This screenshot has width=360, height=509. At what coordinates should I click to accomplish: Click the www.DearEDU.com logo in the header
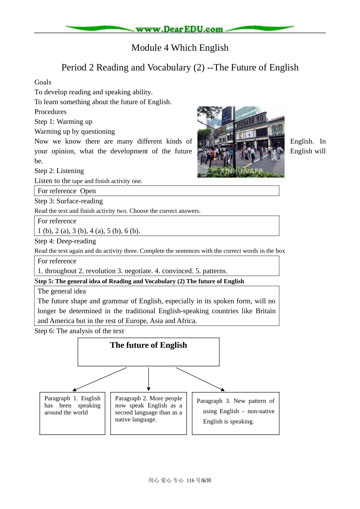pos(179,29)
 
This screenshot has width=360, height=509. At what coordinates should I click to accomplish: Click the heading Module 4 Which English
pos(180,48)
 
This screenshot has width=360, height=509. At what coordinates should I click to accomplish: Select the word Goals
pos(43,82)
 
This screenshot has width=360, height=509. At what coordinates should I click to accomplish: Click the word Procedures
pos(50,112)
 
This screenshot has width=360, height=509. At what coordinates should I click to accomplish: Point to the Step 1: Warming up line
pos(63,122)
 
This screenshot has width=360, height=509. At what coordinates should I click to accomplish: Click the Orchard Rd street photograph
pos(241,142)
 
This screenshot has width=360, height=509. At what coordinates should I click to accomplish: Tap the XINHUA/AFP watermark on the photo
pos(241,172)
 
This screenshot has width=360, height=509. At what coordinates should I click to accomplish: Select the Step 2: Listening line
pos(59,171)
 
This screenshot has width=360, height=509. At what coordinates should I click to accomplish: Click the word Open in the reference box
pos(88,191)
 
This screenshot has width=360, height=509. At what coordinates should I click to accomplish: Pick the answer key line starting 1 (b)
pos(89,231)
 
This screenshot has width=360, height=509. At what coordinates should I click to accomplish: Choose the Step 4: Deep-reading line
pos(65,241)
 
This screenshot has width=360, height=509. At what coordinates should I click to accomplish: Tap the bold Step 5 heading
pos(139,281)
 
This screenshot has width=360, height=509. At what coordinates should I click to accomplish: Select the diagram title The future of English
pos(149,345)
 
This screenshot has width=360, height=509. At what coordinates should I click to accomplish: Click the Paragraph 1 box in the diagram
pos(72,413)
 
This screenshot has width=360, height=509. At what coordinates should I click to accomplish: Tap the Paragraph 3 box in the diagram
pos(235,413)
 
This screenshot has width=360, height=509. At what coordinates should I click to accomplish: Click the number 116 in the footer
pos(190,481)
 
